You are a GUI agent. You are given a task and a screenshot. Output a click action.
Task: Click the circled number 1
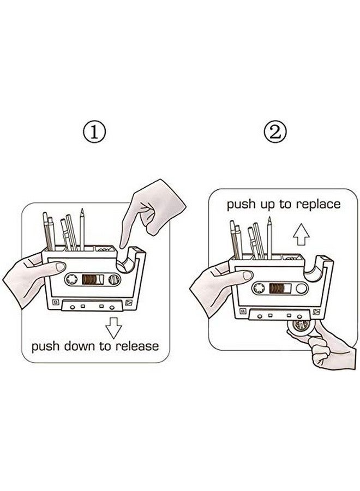[94, 132]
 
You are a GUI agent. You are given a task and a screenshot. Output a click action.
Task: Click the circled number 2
[275, 132]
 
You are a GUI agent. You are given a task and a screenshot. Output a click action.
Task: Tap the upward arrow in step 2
[301, 234]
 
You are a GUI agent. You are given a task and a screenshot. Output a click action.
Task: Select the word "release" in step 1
[137, 346]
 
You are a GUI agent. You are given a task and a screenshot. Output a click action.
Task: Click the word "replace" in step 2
[318, 205]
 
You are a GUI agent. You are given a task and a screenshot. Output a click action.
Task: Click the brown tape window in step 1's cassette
[93, 279]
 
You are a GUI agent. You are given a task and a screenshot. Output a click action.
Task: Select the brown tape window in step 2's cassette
[280, 288]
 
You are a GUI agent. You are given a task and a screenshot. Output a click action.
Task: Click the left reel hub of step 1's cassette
[71, 279]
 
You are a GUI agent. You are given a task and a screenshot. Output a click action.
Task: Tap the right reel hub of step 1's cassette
[114, 279]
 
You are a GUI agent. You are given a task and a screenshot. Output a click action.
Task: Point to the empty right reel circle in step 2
[302, 289]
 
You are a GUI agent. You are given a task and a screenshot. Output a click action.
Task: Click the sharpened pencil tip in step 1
[82, 211]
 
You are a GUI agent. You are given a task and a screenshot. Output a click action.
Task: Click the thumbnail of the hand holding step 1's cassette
[60, 266]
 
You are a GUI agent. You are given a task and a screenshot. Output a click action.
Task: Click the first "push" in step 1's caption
[45, 346]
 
